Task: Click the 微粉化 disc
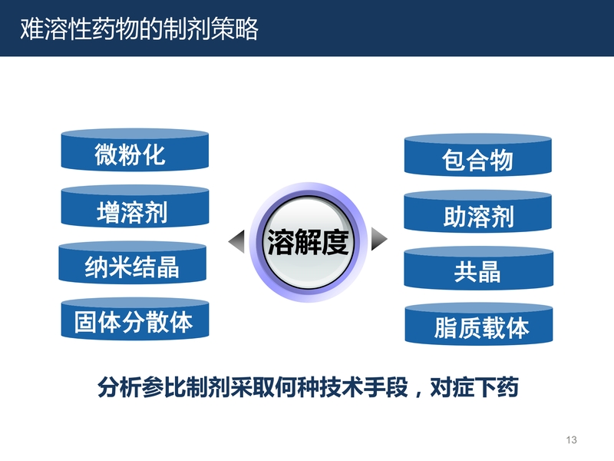pos(135,150)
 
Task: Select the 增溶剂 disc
pos(135,206)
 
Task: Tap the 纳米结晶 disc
pos(132,262)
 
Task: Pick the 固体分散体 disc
pos(135,318)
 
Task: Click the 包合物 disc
pos(477,155)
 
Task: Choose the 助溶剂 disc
pos(477,211)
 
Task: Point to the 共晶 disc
pos(478,267)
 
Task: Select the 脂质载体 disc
pos(478,323)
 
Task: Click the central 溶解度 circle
pos(309,242)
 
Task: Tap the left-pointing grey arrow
pos(237,241)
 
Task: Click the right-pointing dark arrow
pos(378,238)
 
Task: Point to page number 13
pos(571,439)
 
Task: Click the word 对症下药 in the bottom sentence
pos(474,387)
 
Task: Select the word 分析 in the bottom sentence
pos(120,387)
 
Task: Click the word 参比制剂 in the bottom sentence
pos(186,387)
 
